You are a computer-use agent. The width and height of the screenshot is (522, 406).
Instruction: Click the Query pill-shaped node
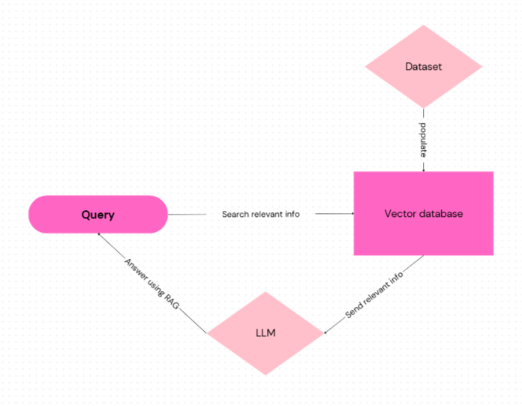(97, 215)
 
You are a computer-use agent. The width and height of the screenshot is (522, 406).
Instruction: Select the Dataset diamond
(423, 67)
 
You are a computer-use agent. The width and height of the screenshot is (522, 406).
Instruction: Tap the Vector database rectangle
(424, 214)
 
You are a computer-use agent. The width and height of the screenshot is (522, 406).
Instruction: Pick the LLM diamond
(265, 332)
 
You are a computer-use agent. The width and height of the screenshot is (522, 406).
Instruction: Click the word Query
(97, 215)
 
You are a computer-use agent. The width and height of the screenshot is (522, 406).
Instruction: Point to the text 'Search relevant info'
(260, 215)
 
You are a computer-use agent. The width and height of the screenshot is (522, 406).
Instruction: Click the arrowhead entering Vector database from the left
(352, 214)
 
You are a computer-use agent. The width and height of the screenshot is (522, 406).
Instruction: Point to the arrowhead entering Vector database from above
(424, 170)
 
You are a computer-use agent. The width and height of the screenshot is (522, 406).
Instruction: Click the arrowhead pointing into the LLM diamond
(326, 332)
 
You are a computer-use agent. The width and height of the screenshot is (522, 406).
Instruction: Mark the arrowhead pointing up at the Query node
(97, 234)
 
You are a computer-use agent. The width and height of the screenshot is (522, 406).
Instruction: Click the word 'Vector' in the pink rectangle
(399, 214)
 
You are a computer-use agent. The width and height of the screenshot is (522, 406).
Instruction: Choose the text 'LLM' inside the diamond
(265, 332)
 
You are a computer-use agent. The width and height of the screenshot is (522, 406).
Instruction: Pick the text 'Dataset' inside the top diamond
(423, 67)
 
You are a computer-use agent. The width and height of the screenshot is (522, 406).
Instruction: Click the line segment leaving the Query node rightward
(187, 215)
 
